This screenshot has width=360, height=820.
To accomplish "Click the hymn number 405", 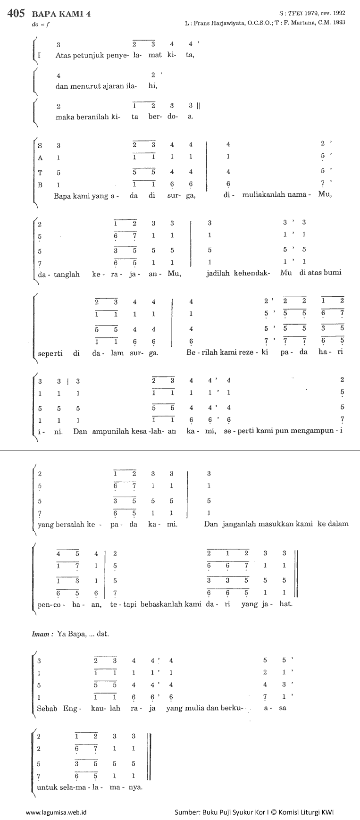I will pos(16,14).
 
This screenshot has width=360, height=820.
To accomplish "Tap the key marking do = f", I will pos(38,25).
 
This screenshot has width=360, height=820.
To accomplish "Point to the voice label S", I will pos(40,145).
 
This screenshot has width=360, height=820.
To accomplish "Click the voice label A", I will pos(40,158).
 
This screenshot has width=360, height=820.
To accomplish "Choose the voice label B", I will pos(40,185).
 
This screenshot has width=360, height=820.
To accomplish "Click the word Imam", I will pos(41,634).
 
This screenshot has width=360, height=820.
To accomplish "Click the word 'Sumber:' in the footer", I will pos(187,812).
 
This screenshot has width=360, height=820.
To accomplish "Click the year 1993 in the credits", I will pos(338,23).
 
